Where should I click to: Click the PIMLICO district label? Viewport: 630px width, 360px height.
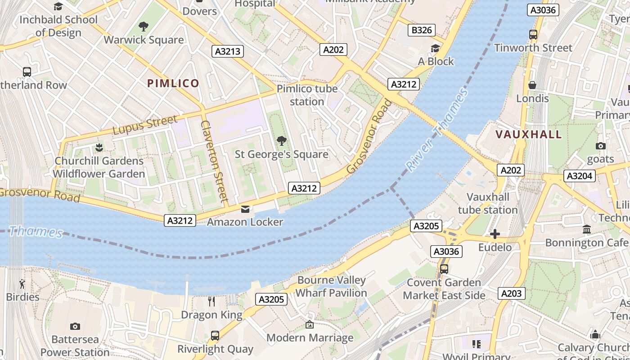point(173,83)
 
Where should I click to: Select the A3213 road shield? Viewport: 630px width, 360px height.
point(228,51)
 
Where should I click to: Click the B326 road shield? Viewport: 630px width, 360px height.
point(422,30)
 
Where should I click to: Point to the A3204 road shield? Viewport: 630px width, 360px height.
point(580,176)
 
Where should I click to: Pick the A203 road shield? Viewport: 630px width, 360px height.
point(512,294)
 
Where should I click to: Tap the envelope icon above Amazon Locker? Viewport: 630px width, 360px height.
point(245,209)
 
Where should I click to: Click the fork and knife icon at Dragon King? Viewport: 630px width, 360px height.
point(211,301)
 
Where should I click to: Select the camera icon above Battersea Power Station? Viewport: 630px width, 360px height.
point(75,326)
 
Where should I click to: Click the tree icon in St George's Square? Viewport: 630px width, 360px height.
point(282,141)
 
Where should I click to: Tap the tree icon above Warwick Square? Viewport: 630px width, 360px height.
point(144,27)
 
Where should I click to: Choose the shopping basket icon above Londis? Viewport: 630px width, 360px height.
point(532,85)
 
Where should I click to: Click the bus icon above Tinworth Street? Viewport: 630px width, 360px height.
point(533,34)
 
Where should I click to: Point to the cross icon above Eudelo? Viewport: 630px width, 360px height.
point(495,234)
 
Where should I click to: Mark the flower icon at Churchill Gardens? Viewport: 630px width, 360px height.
point(99,147)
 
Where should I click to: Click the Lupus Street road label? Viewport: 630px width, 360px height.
point(144,125)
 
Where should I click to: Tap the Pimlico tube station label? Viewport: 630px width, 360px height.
point(307,95)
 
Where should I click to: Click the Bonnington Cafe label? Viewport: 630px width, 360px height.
point(586,243)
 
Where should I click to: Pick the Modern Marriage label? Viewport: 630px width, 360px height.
point(310,337)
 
